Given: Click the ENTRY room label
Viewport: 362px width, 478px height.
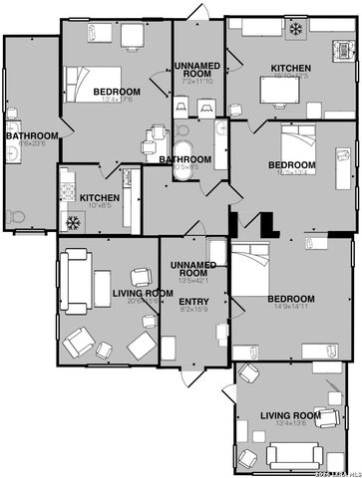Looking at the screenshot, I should [193, 300].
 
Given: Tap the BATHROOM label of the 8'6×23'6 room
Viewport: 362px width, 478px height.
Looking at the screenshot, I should [31, 135].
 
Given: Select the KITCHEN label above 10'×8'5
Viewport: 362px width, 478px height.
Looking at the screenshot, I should [100, 198].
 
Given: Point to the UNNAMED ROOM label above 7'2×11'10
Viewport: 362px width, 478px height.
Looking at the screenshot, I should [198, 70].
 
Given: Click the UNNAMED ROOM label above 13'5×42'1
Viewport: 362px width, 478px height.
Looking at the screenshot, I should [193, 268].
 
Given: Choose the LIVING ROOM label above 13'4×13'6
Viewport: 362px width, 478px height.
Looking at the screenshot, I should [290, 414].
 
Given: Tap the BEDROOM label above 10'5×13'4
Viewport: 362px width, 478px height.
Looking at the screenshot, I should [292, 164].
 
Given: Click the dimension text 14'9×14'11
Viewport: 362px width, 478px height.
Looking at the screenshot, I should [290, 309].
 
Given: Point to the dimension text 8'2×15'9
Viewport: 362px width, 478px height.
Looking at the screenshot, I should [193, 310].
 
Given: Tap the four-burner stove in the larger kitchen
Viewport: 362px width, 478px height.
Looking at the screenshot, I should [344, 48].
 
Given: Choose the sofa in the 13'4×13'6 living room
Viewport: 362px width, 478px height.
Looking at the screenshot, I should [289, 456].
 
